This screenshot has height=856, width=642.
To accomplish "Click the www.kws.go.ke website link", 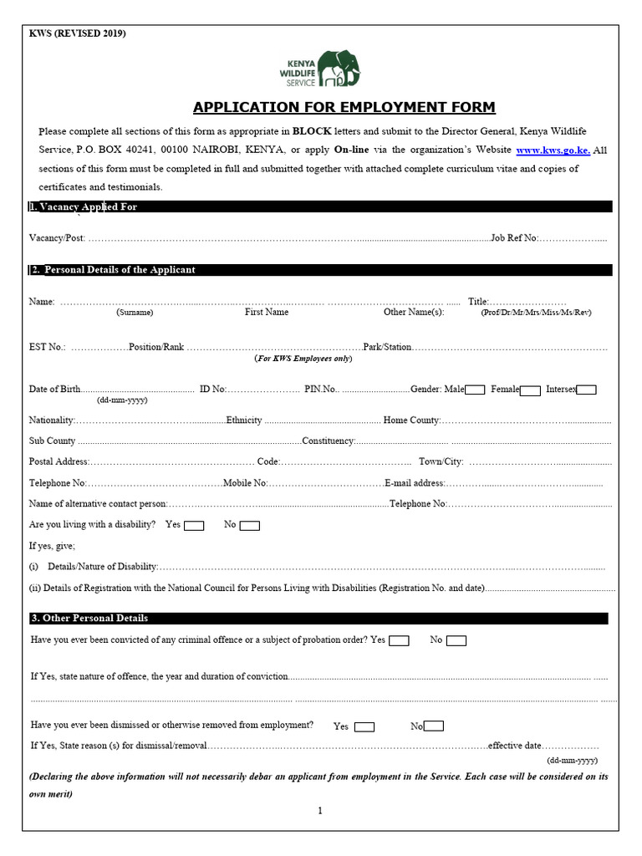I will pyautogui.click(x=553, y=150).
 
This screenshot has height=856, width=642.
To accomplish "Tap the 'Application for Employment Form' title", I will pyautogui.click(x=344, y=107).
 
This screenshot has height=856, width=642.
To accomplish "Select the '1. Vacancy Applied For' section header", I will pyautogui.click(x=84, y=206).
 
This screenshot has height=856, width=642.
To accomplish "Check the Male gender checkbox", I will pyautogui.click(x=475, y=390).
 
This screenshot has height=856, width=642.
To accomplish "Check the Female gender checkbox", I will pyautogui.click(x=530, y=390).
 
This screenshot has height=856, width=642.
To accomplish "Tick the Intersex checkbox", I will pyautogui.click(x=586, y=390).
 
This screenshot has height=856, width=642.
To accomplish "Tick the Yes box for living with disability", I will pyautogui.click(x=194, y=526).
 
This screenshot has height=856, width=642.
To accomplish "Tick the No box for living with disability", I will pyautogui.click(x=250, y=526).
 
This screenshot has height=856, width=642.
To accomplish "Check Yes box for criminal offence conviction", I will pyautogui.click(x=399, y=640).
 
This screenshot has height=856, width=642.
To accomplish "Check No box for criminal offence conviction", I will pyautogui.click(x=456, y=640).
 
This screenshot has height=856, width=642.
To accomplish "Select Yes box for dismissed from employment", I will pyautogui.click(x=364, y=726).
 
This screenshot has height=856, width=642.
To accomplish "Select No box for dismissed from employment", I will pyautogui.click(x=434, y=726).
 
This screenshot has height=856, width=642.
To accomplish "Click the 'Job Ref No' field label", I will pyautogui.click(x=514, y=238).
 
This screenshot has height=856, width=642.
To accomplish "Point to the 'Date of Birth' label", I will pyautogui.click(x=55, y=390).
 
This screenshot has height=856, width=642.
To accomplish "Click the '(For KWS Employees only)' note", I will pyautogui.click(x=303, y=358).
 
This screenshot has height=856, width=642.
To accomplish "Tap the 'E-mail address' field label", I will pyautogui.click(x=415, y=483).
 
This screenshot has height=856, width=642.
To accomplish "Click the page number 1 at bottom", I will pyautogui.click(x=320, y=810).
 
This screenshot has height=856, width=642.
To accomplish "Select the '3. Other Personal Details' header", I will pyautogui.click(x=89, y=619).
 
